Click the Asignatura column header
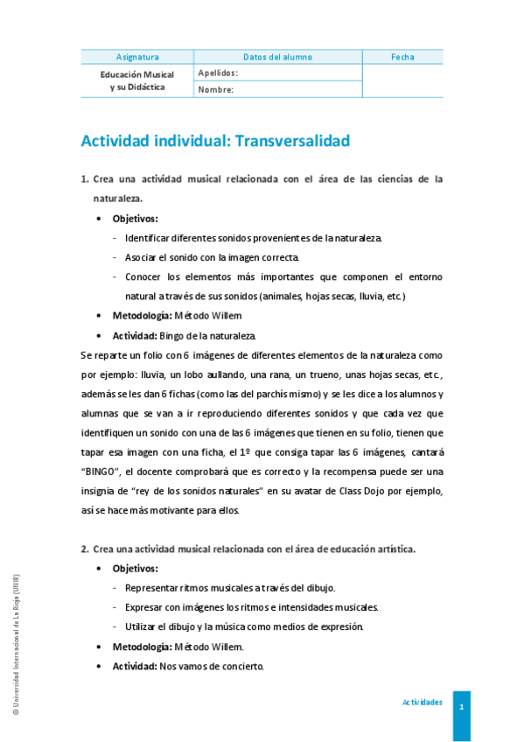tap(137, 57)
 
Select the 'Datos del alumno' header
tap(277, 57)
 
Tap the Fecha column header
tap(402, 57)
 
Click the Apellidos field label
tap(218, 73)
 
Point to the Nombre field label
tap(215, 89)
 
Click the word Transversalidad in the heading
tap(286, 140)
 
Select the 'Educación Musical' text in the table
tap(137, 74)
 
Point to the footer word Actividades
tap(422, 703)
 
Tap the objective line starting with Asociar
tap(212, 257)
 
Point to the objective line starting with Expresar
tap(252, 607)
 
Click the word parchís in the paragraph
tap(247, 394)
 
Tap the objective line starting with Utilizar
tap(244, 626)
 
